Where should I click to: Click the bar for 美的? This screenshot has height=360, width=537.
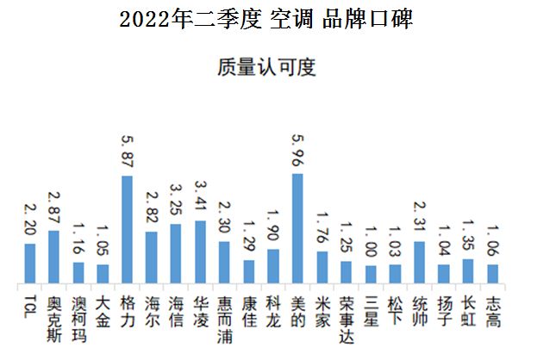[297, 228]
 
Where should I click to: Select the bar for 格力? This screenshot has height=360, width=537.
[127, 230]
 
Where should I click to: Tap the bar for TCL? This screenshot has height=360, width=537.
[29, 264]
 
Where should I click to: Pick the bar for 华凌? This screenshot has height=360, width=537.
[200, 252]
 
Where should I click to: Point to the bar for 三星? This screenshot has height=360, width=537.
[371, 274]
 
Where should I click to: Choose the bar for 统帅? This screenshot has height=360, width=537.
[420, 262]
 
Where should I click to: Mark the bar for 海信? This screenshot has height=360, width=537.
[176, 254]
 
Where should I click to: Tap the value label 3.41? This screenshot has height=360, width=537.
[200, 195]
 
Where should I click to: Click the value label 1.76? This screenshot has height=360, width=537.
[322, 227]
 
